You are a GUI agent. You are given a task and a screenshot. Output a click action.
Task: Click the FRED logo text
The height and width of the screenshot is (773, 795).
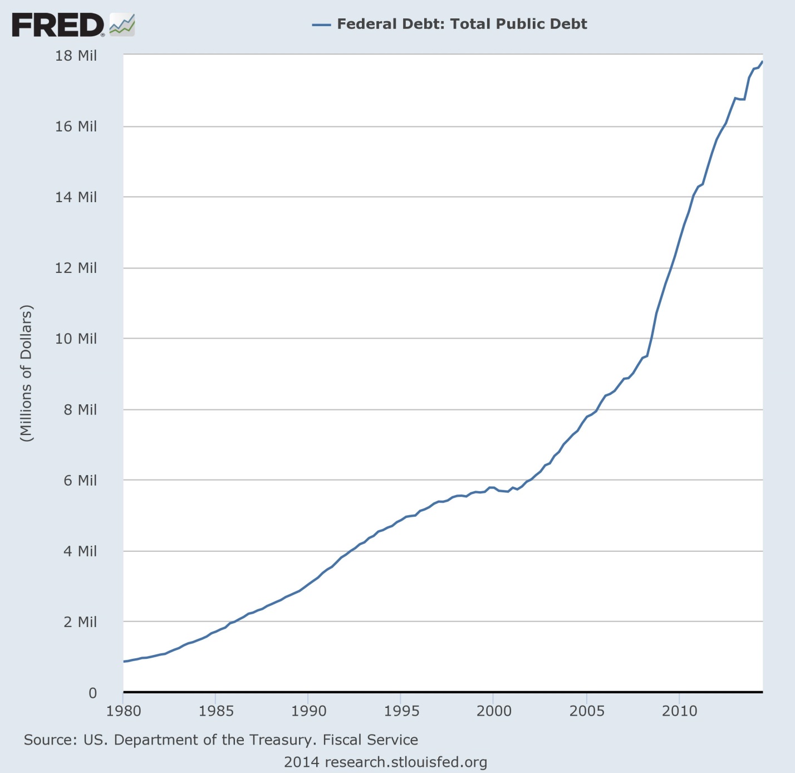tap(57, 25)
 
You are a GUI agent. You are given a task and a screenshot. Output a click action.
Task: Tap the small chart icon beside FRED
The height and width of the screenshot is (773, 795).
tap(122, 25)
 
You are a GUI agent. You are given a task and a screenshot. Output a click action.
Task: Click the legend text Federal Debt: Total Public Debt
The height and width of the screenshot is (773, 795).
tap(462, 24)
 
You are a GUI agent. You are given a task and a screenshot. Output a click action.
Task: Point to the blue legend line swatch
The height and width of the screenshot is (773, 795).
tap(322, 25)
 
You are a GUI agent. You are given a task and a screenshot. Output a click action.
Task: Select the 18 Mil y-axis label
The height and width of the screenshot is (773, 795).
tap(76, 56)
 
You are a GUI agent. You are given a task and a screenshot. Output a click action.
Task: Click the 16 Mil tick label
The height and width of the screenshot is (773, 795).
tap(76, 126)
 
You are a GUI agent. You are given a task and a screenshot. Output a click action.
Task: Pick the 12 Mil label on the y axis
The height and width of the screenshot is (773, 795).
tap(76, 268)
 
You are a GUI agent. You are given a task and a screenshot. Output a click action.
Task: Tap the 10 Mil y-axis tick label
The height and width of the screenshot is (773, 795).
tap(76, 339)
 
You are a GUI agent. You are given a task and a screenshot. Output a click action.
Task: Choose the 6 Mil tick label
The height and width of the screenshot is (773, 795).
tap(80, 480)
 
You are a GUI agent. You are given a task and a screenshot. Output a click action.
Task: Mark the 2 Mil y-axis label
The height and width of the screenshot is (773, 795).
tap(80, 622)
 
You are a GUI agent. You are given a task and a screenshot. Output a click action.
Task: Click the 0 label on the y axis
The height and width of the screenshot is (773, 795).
tap(92, 693)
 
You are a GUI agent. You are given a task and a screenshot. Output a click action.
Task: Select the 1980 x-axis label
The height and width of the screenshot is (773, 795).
tap(123, 711)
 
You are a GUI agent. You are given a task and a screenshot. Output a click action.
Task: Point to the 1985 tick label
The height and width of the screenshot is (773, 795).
tap(216, 711)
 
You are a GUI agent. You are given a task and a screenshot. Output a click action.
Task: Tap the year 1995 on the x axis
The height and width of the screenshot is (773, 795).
tap(401, 711)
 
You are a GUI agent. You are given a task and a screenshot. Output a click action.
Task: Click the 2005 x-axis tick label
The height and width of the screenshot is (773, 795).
tap(587, 711)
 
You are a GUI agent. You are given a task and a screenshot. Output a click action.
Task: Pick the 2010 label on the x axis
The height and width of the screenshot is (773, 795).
tap(679, 711)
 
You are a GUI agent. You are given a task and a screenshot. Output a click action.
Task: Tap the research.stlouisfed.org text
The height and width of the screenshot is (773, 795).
tap(406, 762)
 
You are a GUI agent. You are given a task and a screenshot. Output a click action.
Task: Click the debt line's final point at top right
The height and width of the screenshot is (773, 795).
tap(762, 62)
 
